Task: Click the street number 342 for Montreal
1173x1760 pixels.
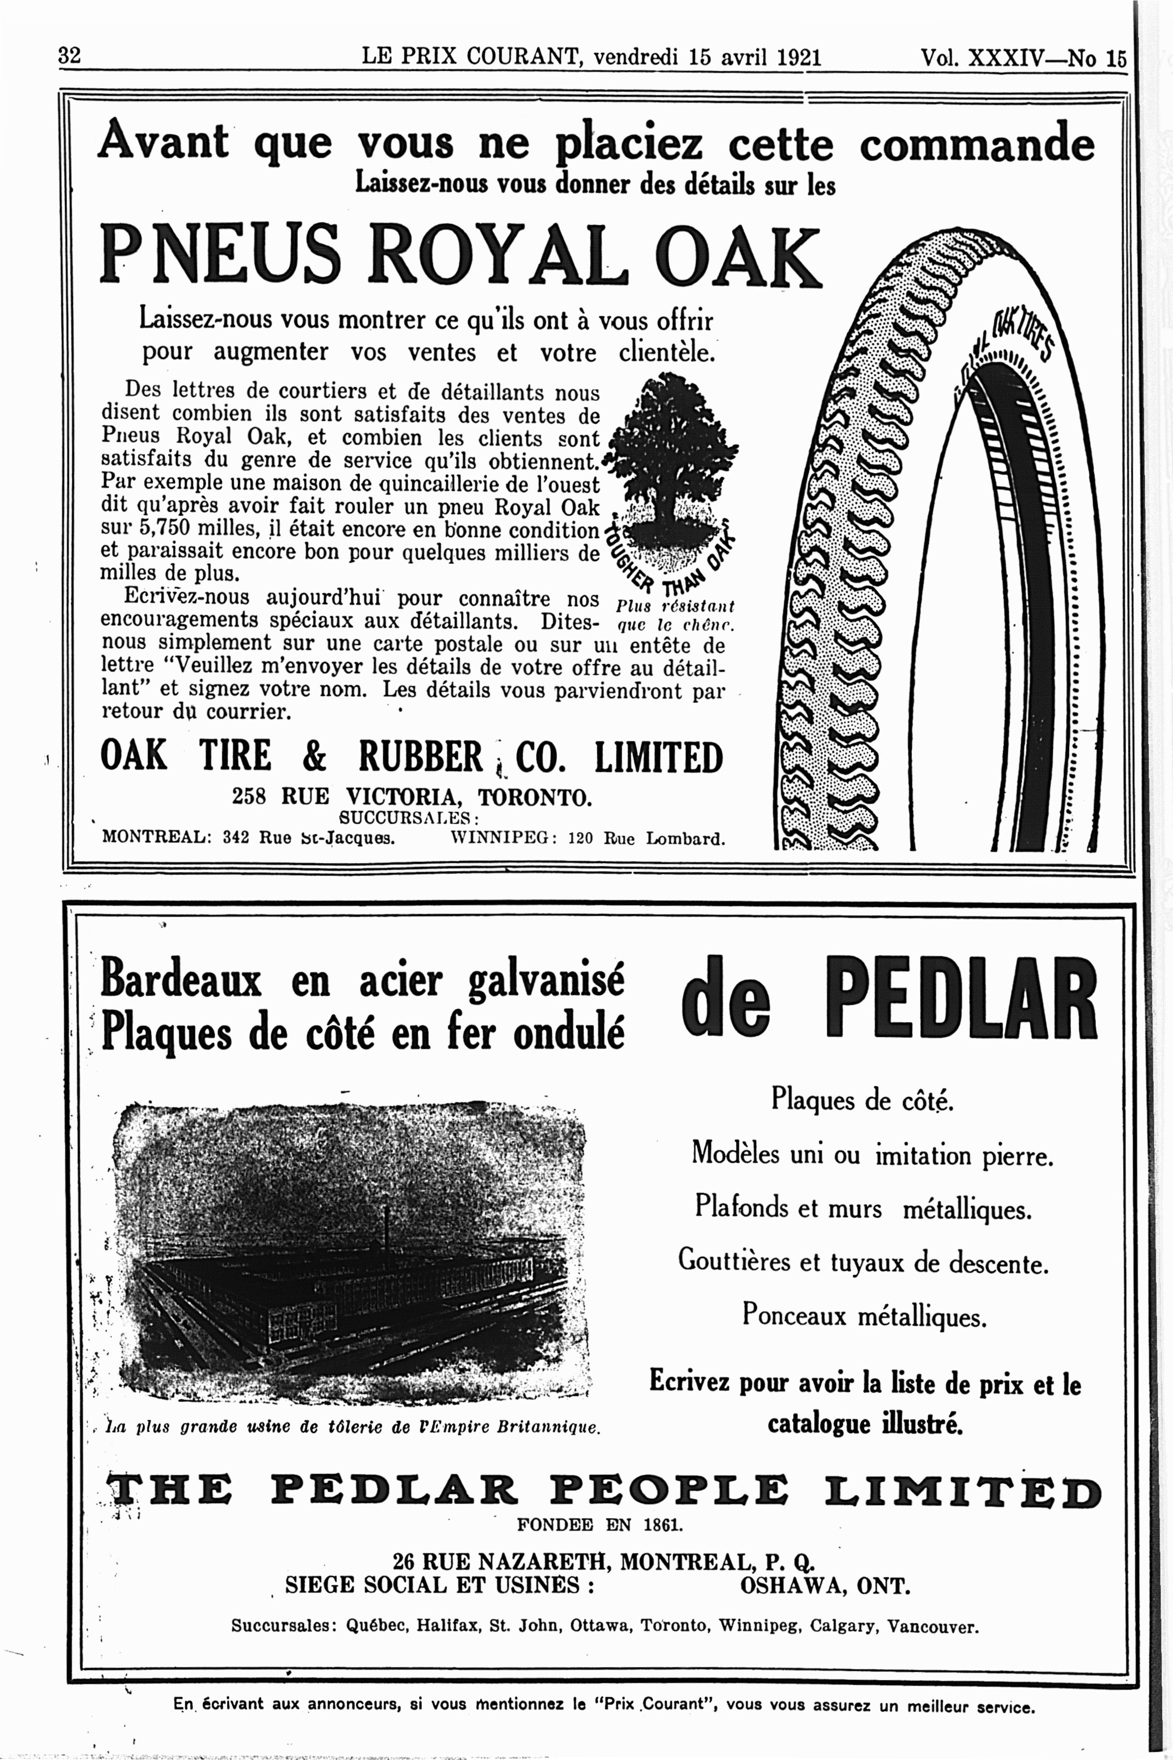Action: click(x=237, y=838)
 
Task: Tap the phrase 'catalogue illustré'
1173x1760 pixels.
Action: click(x=865, y=1423)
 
